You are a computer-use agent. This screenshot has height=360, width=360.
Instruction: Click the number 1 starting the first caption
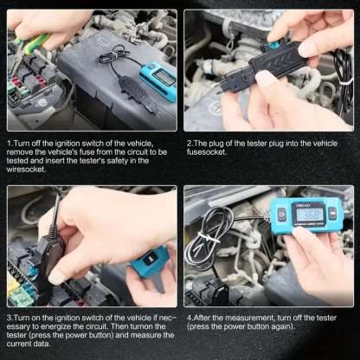10,140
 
